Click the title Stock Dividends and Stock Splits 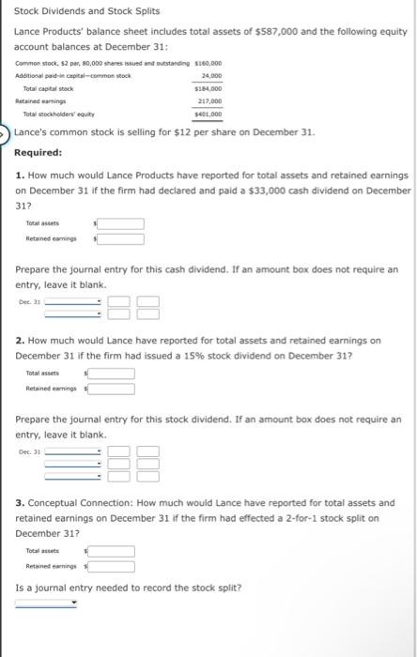click(74, 11)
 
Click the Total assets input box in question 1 click(121, 224)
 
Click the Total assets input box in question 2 click(112, 374)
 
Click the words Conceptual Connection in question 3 click(79, 502)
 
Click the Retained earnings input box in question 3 click(112, 566)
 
